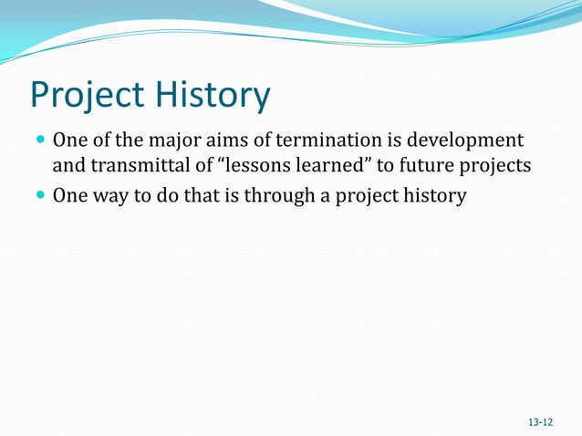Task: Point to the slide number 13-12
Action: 540,422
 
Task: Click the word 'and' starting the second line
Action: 67,167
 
